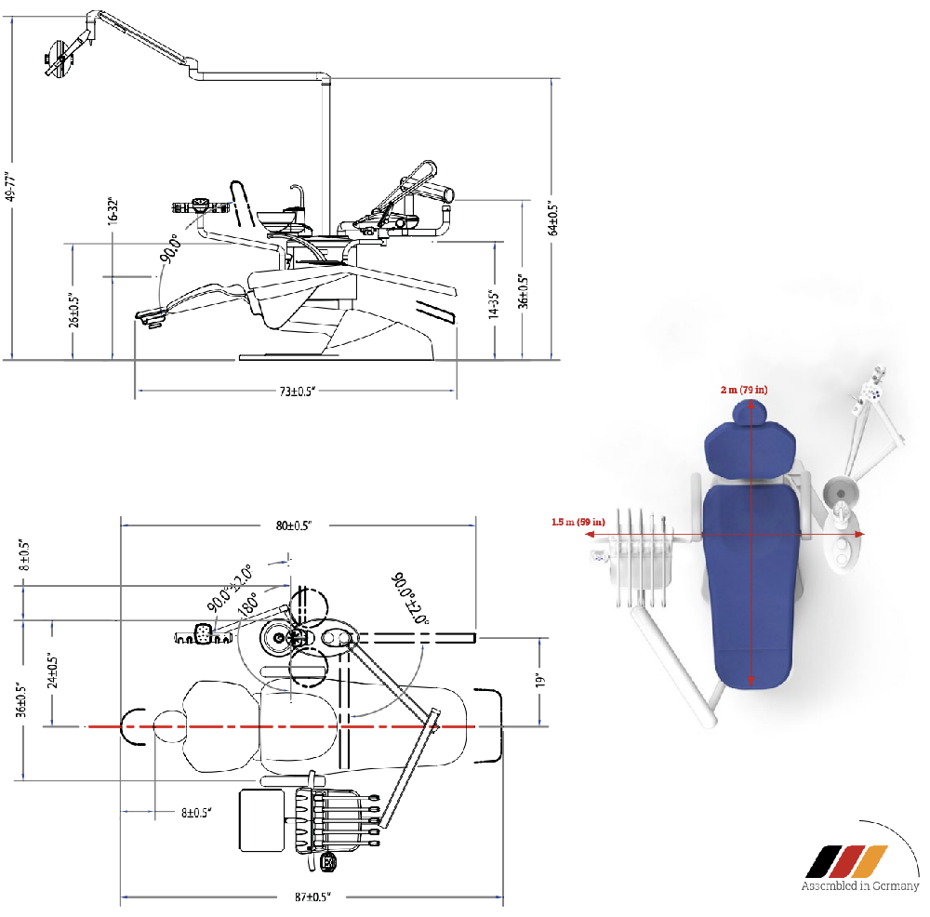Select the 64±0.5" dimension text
(553, 219)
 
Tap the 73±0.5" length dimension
(299, 392)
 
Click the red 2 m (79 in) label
(744, 390)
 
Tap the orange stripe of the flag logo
(870, 861)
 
